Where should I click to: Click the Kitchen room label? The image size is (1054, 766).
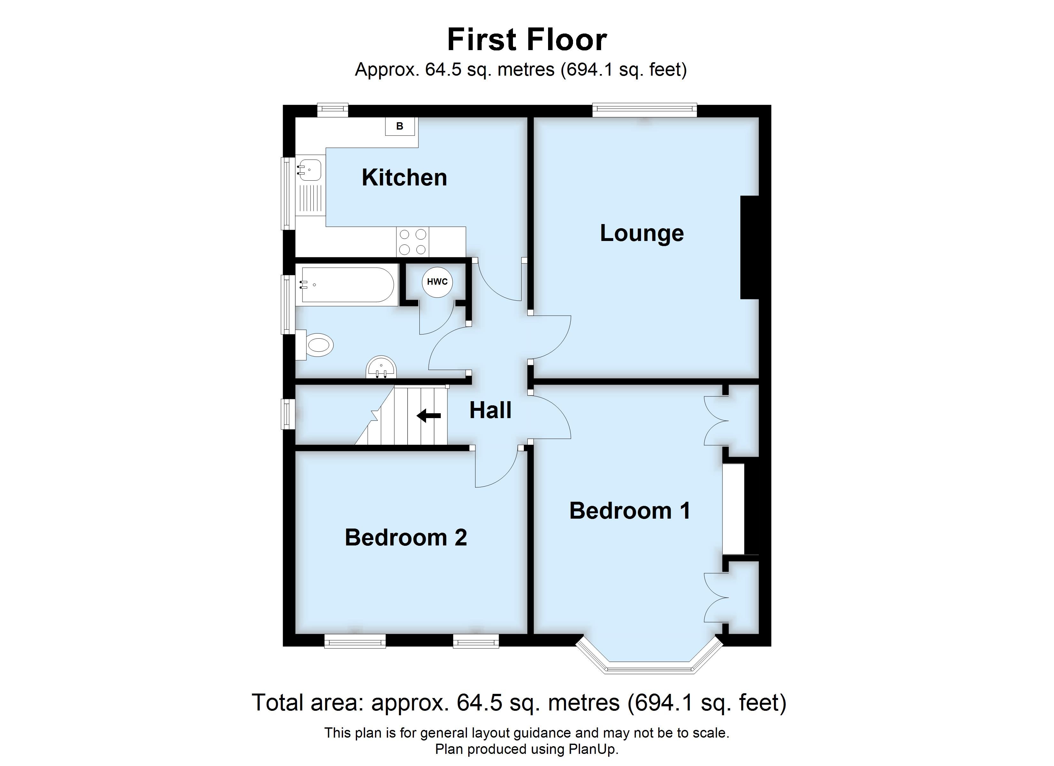tap(404, 178)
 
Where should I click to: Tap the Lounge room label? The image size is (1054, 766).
tap(641, 233)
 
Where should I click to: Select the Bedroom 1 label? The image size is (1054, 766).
tap(630, 511)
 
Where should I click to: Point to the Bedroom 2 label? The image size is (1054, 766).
tap(405, 537)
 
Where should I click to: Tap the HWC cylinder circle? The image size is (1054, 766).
tap(437, 282)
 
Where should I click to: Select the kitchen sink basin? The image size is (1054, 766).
tap(309, 170)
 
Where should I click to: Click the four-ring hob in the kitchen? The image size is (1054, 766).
tap(413, 242)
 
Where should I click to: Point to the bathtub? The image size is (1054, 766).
tap(346, 285)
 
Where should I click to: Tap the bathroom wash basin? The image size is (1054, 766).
tap(381, 368)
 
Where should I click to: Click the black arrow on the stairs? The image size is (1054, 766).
tap(429, 416)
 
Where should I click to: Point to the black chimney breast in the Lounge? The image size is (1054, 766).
tap(749, 247)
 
